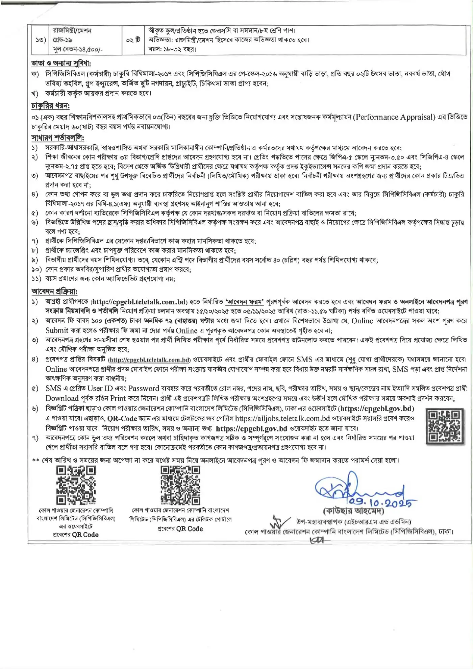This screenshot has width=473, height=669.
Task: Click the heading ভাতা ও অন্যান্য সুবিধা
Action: coord(61,63)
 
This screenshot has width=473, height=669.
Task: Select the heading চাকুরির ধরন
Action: coord(50,106)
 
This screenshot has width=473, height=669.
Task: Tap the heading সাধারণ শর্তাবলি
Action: coord(57,138)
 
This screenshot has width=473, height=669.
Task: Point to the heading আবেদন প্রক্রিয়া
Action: coord(54,291)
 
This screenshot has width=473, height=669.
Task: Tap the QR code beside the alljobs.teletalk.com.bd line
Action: coord(444,426)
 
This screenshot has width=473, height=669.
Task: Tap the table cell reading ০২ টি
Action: coord(133,40)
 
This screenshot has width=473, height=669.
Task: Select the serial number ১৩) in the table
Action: coord(41,40)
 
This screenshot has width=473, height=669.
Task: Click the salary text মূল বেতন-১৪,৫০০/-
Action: coord(77,49)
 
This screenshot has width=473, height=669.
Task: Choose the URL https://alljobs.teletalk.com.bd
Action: coord(282,419)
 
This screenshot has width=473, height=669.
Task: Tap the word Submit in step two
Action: coord(57,331)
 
